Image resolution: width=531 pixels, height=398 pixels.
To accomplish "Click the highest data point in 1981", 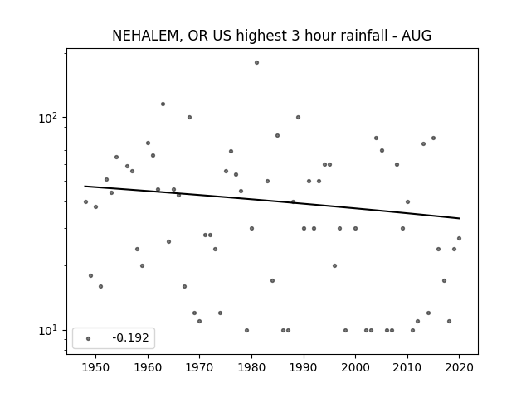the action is pos(256,63).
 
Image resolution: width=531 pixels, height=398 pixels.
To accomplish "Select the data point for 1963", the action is pos(163,104).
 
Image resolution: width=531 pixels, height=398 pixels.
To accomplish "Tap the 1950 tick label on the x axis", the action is pos(96,367).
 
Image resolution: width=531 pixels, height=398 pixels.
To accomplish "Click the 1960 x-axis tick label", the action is pos(148,367).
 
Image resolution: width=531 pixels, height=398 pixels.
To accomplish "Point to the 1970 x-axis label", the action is pos(199,367).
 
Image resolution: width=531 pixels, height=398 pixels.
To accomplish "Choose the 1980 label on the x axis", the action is pos(251,367).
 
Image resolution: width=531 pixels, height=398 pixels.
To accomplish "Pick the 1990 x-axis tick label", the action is pos(304,367).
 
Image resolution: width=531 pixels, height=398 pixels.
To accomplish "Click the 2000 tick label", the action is pos(355,367).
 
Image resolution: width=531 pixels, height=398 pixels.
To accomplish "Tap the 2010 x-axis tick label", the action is pos(407,367).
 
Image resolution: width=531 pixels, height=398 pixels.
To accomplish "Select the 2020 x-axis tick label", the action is pos(459,367).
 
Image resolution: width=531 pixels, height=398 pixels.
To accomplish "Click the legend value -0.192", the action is pos(130,337).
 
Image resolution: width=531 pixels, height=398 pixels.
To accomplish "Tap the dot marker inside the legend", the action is pos(88,338).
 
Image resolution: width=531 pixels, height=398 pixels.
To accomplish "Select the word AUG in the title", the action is pos(417,36).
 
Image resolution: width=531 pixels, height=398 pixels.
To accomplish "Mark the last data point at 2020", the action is pos(459,238).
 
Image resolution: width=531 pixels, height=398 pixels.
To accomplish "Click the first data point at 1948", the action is pos(85,201).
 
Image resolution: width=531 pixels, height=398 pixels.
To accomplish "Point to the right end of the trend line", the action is pos(460,218).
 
